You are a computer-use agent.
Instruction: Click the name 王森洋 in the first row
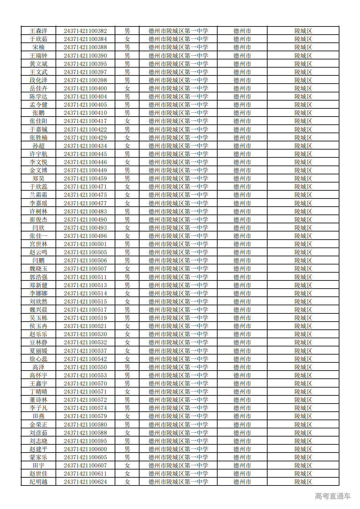[x=39, y=31]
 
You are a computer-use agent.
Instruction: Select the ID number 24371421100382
[x=85, y=31]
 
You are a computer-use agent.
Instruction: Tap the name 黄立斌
[x=39, y=64]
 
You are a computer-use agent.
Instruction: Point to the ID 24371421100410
[x=85, y=113]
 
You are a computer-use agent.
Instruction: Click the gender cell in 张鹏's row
[x=127, y=113]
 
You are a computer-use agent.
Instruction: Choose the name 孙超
[x=39, y=146]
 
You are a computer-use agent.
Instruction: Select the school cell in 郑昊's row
[x=178, y=179]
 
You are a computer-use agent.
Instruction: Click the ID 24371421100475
[x=85, y=195]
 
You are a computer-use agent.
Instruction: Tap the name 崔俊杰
[x=39, y=220]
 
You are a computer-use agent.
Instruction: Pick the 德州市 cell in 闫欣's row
[x=242, y=228]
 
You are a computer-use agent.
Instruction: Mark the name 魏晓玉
[x=39, y=269]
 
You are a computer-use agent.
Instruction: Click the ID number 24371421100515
[x=85, y=302]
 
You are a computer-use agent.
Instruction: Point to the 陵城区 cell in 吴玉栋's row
[x=303, y=318]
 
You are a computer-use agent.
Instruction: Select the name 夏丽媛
[x=39, y=351]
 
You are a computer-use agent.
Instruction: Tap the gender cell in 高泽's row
[x=127, y=367]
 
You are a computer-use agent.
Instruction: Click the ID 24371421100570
[x=85, y=384]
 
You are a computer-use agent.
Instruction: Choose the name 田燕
[x=39, y=416]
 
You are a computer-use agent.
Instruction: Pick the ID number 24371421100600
[x=85, y=449]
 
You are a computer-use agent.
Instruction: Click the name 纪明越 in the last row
[x=39, y=482]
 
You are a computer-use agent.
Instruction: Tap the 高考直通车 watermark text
[x=333, y=496]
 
